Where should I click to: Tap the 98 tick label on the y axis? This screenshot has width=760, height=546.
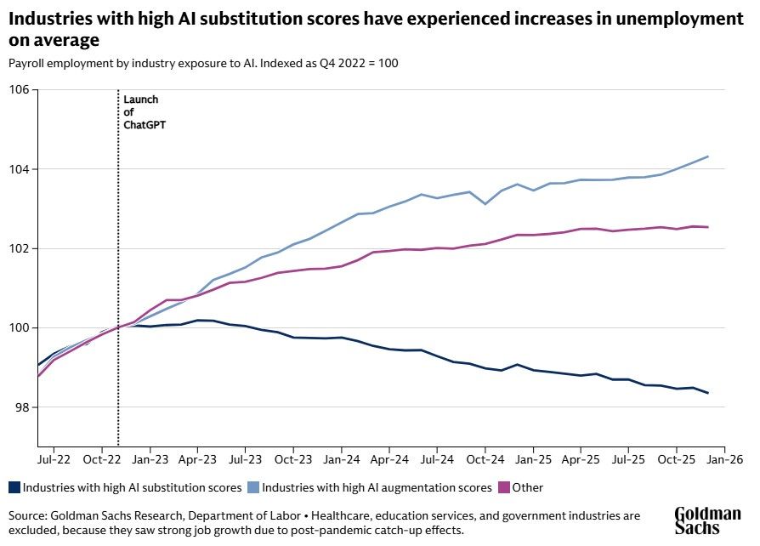pyautogui.click(x=21, y=407)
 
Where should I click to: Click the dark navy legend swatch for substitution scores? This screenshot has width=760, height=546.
pyautogui.click(x=14, y=488)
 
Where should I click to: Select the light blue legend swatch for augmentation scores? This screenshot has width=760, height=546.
pyautogui.click(x=252, y=488)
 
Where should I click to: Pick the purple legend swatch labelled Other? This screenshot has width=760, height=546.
pyautogui.click(x=504, y=488)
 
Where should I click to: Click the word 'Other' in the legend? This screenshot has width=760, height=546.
pyautogui.click(x=528, y=488)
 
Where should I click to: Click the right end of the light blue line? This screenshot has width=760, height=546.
pyautogui.click(x=708, y=156)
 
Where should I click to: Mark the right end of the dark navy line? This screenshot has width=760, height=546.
pyautogui.click(x=708, y=393)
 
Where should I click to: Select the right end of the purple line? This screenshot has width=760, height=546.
pyautogui.click(x=708, y=227)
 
